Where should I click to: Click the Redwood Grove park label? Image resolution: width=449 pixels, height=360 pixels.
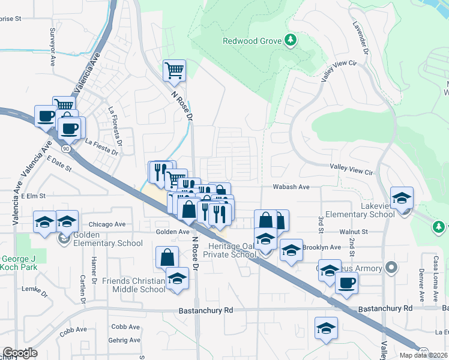pos(252,41)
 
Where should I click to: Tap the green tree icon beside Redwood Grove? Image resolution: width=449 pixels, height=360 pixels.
pos(291,40)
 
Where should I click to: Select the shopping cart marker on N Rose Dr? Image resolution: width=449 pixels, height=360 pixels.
pos(174,71)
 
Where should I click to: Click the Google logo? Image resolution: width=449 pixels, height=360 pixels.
pos(19,353)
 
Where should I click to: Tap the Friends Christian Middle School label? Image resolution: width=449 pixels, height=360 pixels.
pos(133,285)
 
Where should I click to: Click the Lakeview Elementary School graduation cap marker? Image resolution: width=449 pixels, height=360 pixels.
pos(402,197)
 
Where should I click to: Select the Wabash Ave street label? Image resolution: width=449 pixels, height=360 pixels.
pos(291,187)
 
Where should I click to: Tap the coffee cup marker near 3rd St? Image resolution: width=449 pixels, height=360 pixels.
pos(347,283)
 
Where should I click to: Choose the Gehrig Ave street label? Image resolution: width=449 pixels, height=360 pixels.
pos(125,340)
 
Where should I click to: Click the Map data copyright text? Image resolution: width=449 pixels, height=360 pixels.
pos(424,355)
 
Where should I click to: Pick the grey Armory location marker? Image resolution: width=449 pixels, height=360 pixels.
pos(391,266)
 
